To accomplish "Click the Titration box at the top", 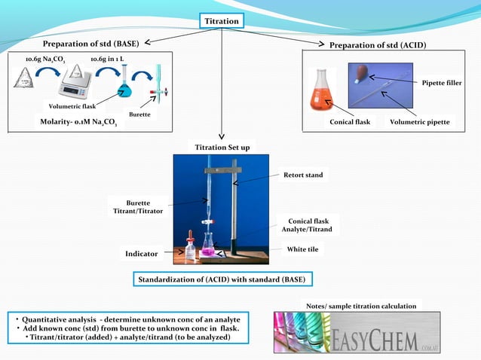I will click(x=222, y=21).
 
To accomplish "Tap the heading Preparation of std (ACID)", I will click(x=378, y=45).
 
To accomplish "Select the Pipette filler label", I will click(x=442, y=82).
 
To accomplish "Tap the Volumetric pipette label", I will click(x=420, y=121).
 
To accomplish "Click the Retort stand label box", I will click(x=304, y=175).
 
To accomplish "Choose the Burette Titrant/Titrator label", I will click(x=138, y=208).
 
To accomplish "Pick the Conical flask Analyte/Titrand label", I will click(x=306, y=224).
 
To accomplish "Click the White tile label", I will click(x=305, y=249).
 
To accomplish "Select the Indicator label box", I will click(x=142, y=254).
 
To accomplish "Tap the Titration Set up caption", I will click(x=222, y=147).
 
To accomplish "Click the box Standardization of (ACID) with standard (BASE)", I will click(x=222, y=279).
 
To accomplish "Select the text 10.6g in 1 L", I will click(x=107, y=59).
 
